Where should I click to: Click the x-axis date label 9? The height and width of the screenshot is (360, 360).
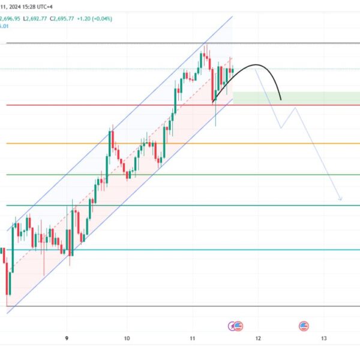click(67, 338)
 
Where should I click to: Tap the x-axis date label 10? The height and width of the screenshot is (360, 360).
click(127, 338)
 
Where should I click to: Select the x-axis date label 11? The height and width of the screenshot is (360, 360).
click(193, 338)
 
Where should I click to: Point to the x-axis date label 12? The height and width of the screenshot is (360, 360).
click(258, 338)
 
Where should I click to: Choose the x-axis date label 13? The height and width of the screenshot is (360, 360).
click(323, 338)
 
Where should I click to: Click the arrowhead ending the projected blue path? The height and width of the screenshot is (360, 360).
click(341, 200)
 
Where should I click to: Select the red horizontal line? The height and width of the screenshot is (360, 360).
click(120, 105)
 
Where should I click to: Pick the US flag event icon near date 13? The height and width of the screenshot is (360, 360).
click(304, 326)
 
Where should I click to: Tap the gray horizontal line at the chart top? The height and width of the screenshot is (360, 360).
click(120, 44)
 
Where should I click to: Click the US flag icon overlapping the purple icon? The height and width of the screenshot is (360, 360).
click(239, 326)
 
